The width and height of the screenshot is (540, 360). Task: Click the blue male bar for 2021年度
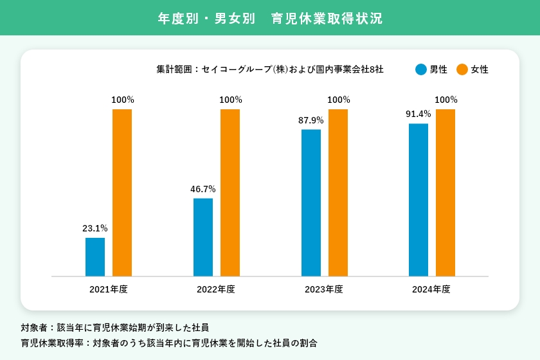tap(95, 257)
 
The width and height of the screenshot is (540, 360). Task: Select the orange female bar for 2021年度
tap(122, 193)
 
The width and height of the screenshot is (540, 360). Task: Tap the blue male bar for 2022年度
tap(203, 237)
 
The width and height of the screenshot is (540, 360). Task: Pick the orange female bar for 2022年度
tap(230, 193)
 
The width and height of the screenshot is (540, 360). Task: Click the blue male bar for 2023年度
tap(311, 203)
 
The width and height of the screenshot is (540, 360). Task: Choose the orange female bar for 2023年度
tap(338, 193)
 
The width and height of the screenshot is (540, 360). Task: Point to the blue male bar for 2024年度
tap(419, 200)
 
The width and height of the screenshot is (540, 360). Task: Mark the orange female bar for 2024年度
tap(446, 193)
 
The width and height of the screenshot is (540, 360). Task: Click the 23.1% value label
tap(95, 228)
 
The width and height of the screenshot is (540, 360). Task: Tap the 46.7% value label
tap(203, 189)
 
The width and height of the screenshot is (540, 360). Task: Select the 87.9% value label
tap(311, 120)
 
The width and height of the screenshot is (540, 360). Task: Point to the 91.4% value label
tap(419, 114)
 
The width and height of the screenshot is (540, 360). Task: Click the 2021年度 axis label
tap(109, 289)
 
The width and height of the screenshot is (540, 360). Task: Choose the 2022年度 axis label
tap(216, 289)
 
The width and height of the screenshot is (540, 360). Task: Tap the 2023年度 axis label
tap(324, 289)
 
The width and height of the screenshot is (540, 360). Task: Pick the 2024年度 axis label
tap(431, 289)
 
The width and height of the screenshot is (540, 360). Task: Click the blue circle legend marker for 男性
tap(421, 69)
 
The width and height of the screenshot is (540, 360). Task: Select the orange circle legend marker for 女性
tap(462, 69)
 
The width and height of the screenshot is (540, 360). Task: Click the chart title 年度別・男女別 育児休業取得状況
tap(270, 18)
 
